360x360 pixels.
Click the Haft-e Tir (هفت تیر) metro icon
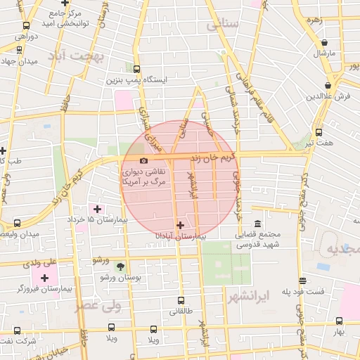pyautogui.click(x=319, y=131)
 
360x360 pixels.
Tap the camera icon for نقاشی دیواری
pyautogui.click(x=143, y=161)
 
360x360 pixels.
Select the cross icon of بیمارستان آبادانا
pyautogui.click(x=181, y=226)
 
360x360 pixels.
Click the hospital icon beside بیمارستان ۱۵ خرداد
pyautogui.click(x=97, y=209)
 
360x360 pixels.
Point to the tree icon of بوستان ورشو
pyautogui.click(x=120, y=266)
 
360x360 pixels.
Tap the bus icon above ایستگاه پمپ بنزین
pyautogui.click(x=136, y=70)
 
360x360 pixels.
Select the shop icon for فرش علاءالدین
pyautogui.click(x=328, y=85)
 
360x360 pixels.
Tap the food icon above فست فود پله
pyautogui.click(x=302, y=280)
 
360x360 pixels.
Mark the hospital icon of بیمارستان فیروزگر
pyautogui.click(x=45, y=278)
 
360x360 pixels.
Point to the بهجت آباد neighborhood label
pyautogui.click(x=79, y=54)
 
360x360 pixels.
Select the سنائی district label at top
pyautogui.click(x=224, y=25)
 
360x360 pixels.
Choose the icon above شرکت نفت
pyautogui.click(x=17, y=330)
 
